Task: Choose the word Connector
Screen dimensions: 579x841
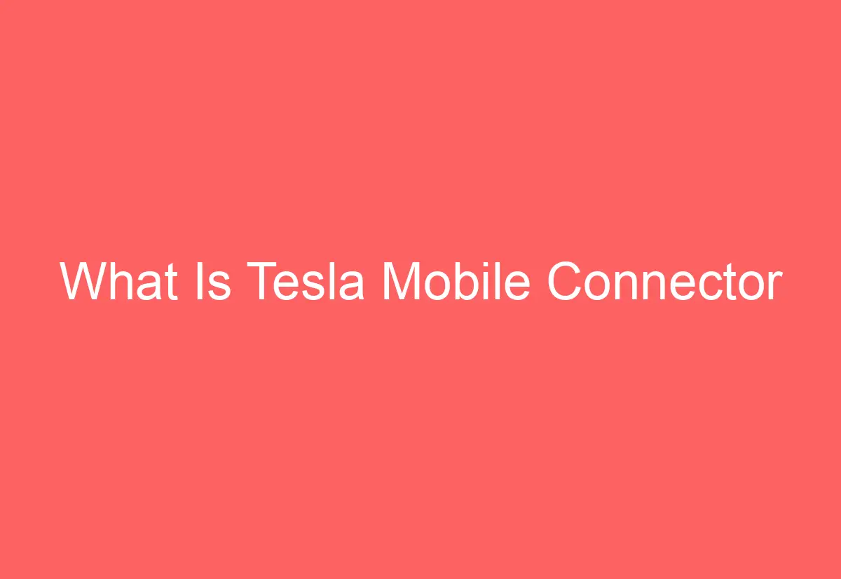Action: [x=664, y=282]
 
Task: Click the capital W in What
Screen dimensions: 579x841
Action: [x=85, y=282]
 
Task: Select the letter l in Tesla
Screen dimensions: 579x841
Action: [x=334, y=282]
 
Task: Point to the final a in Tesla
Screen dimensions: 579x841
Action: [x=352, y=286]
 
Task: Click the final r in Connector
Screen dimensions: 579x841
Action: [x=774, y=286]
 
